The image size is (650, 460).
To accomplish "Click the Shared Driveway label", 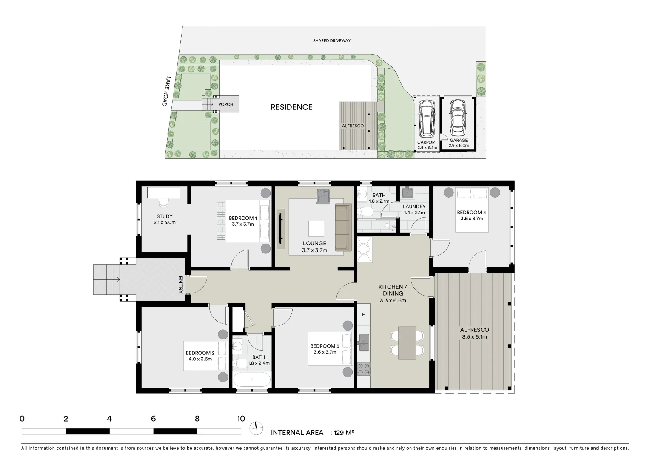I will pyautogui.click(x=331, y=41).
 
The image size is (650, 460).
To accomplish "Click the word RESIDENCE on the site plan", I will pyautogui.click(x=291, y=107).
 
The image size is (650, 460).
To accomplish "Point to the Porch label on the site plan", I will pyautogui.click(x=225, y=104).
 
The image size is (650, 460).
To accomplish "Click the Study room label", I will pyautogui.click(x=164, y=216).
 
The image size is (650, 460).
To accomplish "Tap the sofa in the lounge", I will pyautogui.click(x=342, y=227).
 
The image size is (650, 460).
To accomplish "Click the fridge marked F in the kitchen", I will pyautogui.click(x=363, y=315).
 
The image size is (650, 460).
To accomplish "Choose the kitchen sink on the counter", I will pyautogui.click(x=363, y=342).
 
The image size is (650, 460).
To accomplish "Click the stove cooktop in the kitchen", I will pyautogui.click(x=363, y=369).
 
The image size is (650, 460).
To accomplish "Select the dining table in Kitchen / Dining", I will pyautogui.click(x=407, y=342).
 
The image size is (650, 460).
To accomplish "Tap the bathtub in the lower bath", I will pyautogui.click(x=251, y=379).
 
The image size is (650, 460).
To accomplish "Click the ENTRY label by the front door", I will pyautogui.click(x=180, y=285).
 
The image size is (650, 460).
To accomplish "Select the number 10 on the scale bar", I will pyautogui.click(x=241, y=419).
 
